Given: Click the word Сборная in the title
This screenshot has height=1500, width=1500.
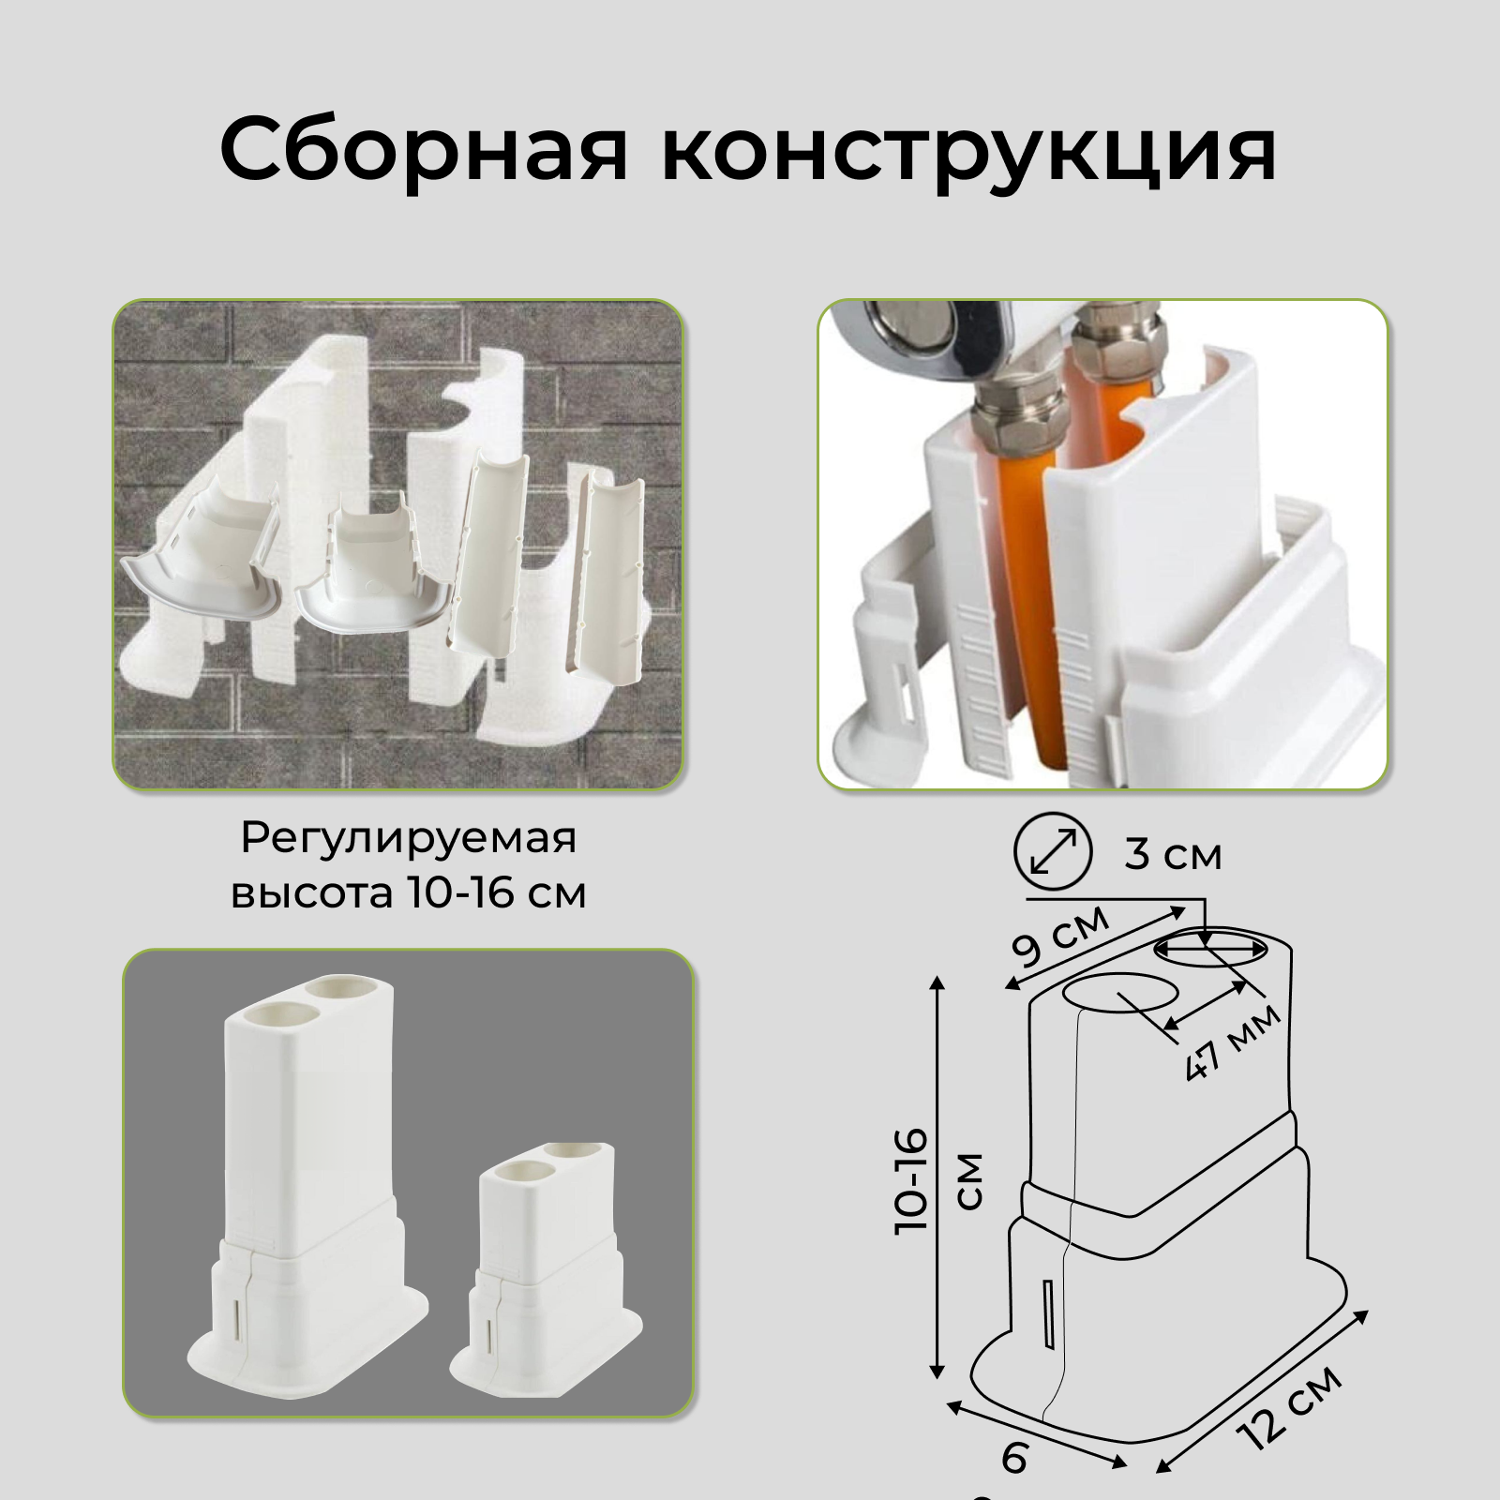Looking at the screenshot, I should click(x=423, y=150).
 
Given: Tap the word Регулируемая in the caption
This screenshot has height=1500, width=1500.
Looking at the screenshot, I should click(x=408, y=838).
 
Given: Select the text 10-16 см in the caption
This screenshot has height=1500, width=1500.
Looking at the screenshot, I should click(x=497, y=892).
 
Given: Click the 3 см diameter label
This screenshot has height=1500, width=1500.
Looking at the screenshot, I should click(x=1173, y=855).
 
